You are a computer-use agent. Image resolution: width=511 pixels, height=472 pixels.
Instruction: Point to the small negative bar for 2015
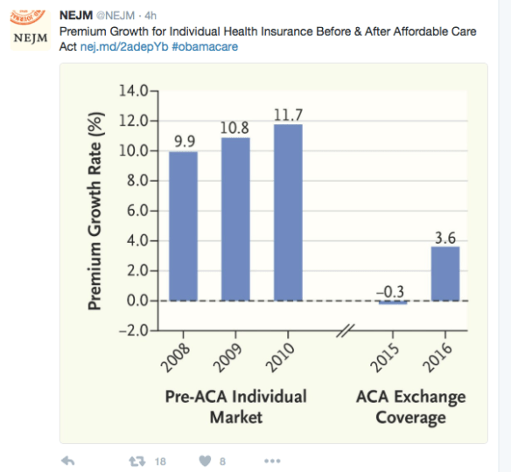[x=393, y=302]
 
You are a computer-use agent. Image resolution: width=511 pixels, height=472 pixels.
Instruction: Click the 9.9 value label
[x=183, y=140]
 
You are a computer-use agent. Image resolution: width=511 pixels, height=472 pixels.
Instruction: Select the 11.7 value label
[x=288, y=113]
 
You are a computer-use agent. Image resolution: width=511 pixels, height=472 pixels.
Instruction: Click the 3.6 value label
[x=444, y=235]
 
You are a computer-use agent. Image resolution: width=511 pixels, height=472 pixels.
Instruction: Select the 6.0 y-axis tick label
[x=136, y=211]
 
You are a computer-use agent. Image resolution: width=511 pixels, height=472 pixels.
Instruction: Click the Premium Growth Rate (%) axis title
[x=97, y=210]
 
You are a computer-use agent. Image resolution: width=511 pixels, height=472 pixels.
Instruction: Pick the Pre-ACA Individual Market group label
[x=235, y=406]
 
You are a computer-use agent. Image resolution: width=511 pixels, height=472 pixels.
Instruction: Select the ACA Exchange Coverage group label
[x=410, y=406]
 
